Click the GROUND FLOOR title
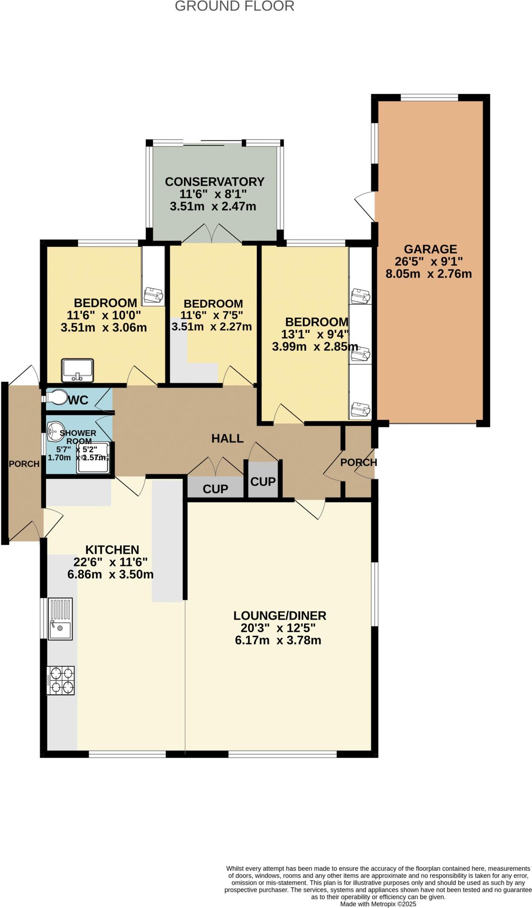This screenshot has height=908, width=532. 235,6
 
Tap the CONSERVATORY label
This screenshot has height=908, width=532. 215,182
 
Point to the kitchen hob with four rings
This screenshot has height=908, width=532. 61,680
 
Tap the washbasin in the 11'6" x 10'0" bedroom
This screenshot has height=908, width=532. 78,370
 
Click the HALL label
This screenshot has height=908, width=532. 227,438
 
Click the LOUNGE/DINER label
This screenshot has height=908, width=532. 280,615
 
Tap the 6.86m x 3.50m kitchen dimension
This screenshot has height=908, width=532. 110,575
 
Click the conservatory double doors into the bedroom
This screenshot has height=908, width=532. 212,234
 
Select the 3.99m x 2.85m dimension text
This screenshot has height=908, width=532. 315,347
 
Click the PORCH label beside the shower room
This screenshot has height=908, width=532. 24,464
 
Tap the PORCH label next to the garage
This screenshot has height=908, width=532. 358,462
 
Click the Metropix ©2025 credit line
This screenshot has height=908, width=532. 378,904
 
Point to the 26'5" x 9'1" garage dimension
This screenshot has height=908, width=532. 429,262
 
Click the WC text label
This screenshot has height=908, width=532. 78,400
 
